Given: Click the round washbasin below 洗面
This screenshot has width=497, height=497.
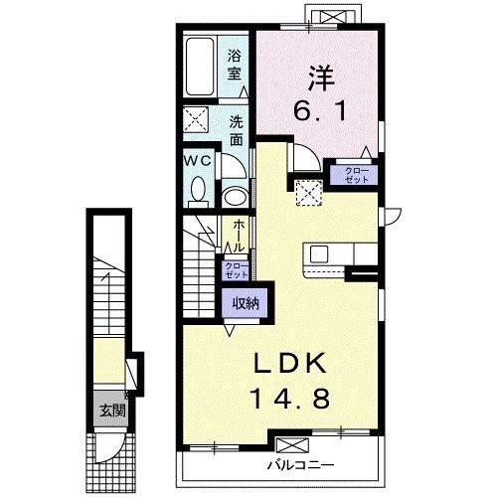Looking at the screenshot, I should coord(236,196).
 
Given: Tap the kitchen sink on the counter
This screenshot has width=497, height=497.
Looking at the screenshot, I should coord(319,253).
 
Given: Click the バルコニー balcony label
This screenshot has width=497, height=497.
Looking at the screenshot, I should coord(298,464).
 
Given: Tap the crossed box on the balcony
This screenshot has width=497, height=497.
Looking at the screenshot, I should coord(292,444).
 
